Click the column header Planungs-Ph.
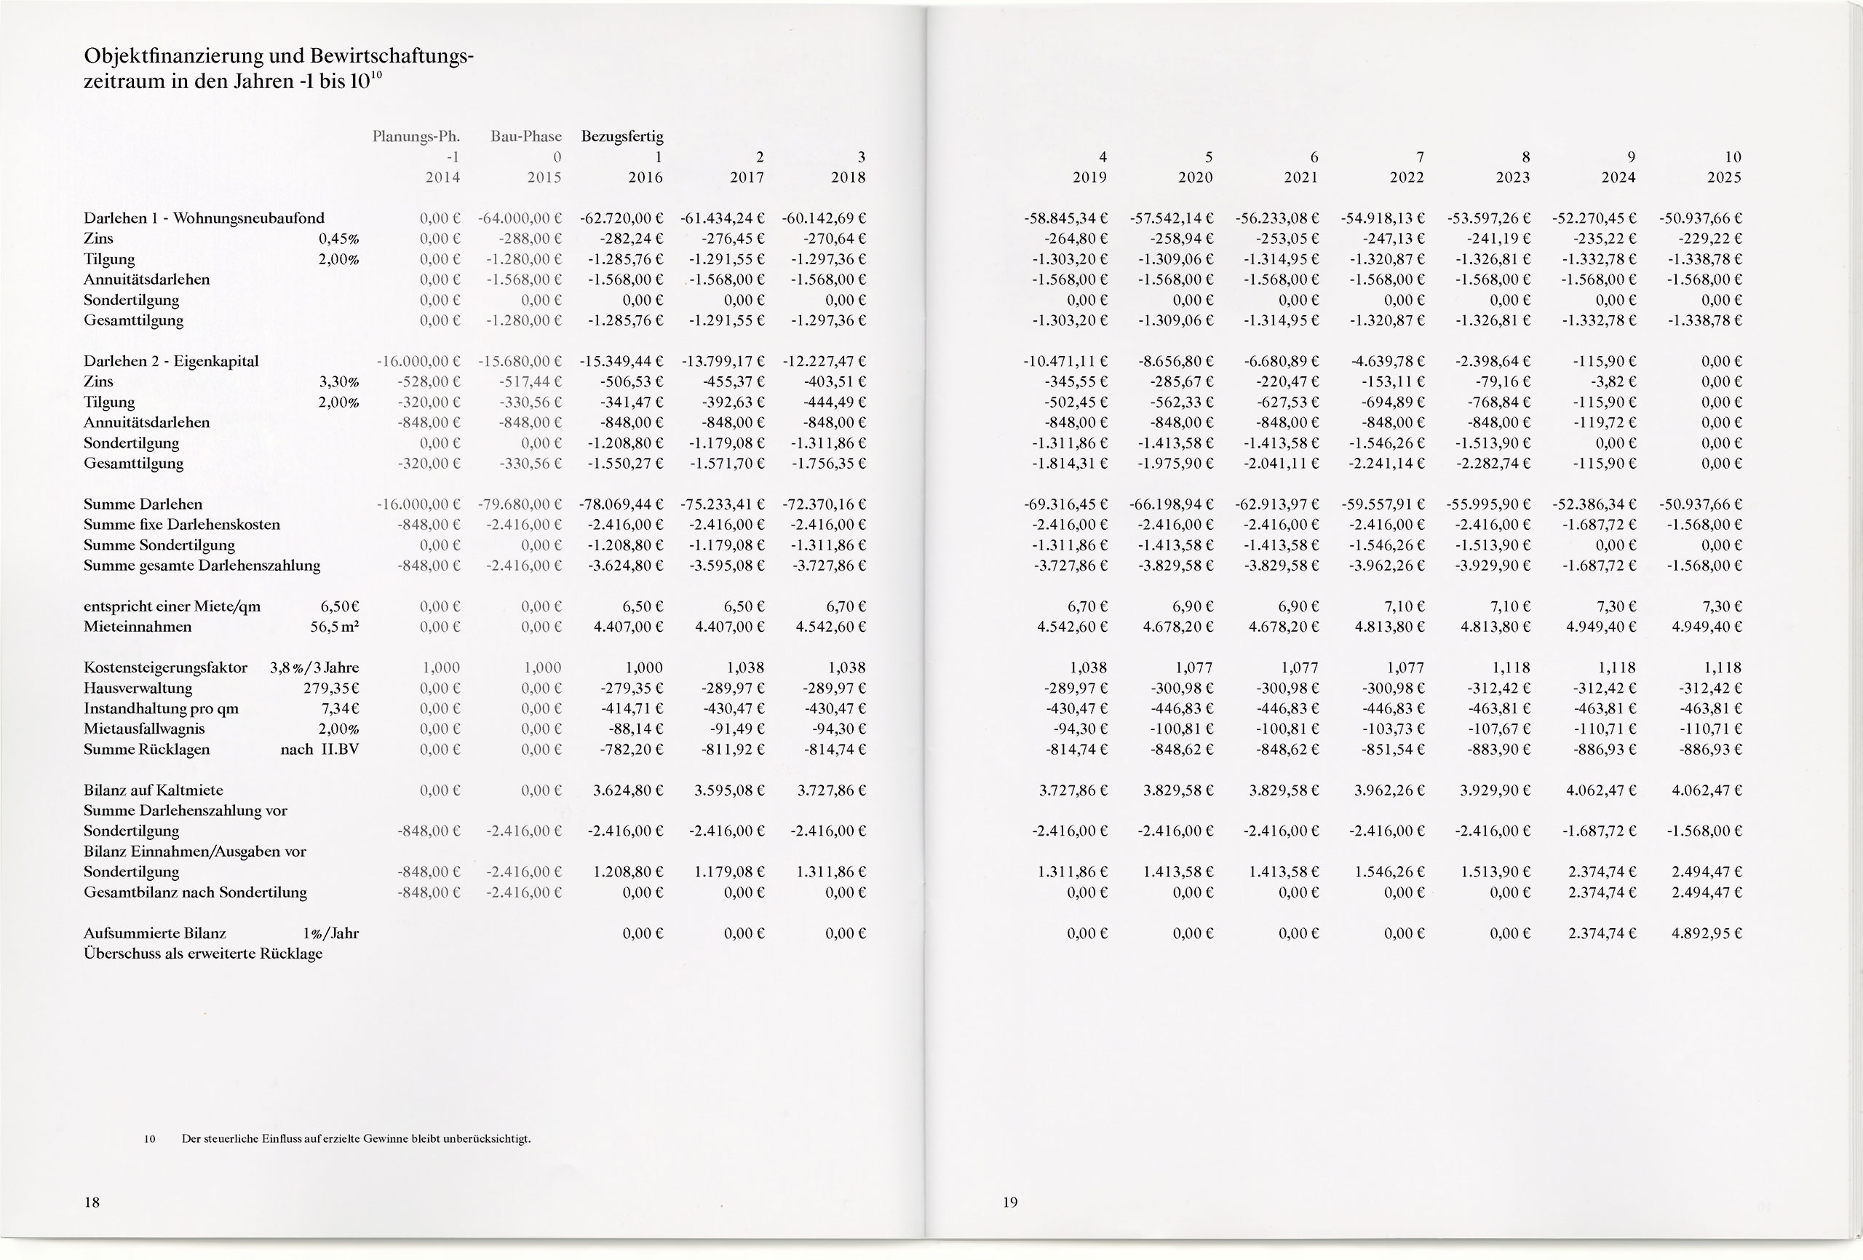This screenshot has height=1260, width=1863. point(416,136)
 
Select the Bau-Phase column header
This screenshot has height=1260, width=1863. point(526,136)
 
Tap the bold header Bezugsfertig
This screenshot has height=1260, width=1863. point(622,136)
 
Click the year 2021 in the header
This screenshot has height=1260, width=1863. point(1300,178)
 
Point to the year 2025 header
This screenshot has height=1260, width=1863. point(1723,178)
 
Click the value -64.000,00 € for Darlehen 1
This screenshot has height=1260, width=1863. point(520,218)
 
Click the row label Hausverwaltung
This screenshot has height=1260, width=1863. point(138,688)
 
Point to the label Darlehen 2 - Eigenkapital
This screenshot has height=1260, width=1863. point(171,361)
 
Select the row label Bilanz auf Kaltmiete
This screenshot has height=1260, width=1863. point(153,790)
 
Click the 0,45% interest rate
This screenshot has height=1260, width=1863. point(338,239)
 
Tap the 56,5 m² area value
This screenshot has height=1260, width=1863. point(334,627)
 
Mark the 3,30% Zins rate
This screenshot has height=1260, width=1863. point(338,381)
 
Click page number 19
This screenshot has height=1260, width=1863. point(1010,1202)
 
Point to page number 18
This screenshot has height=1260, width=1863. point(92,1202)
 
